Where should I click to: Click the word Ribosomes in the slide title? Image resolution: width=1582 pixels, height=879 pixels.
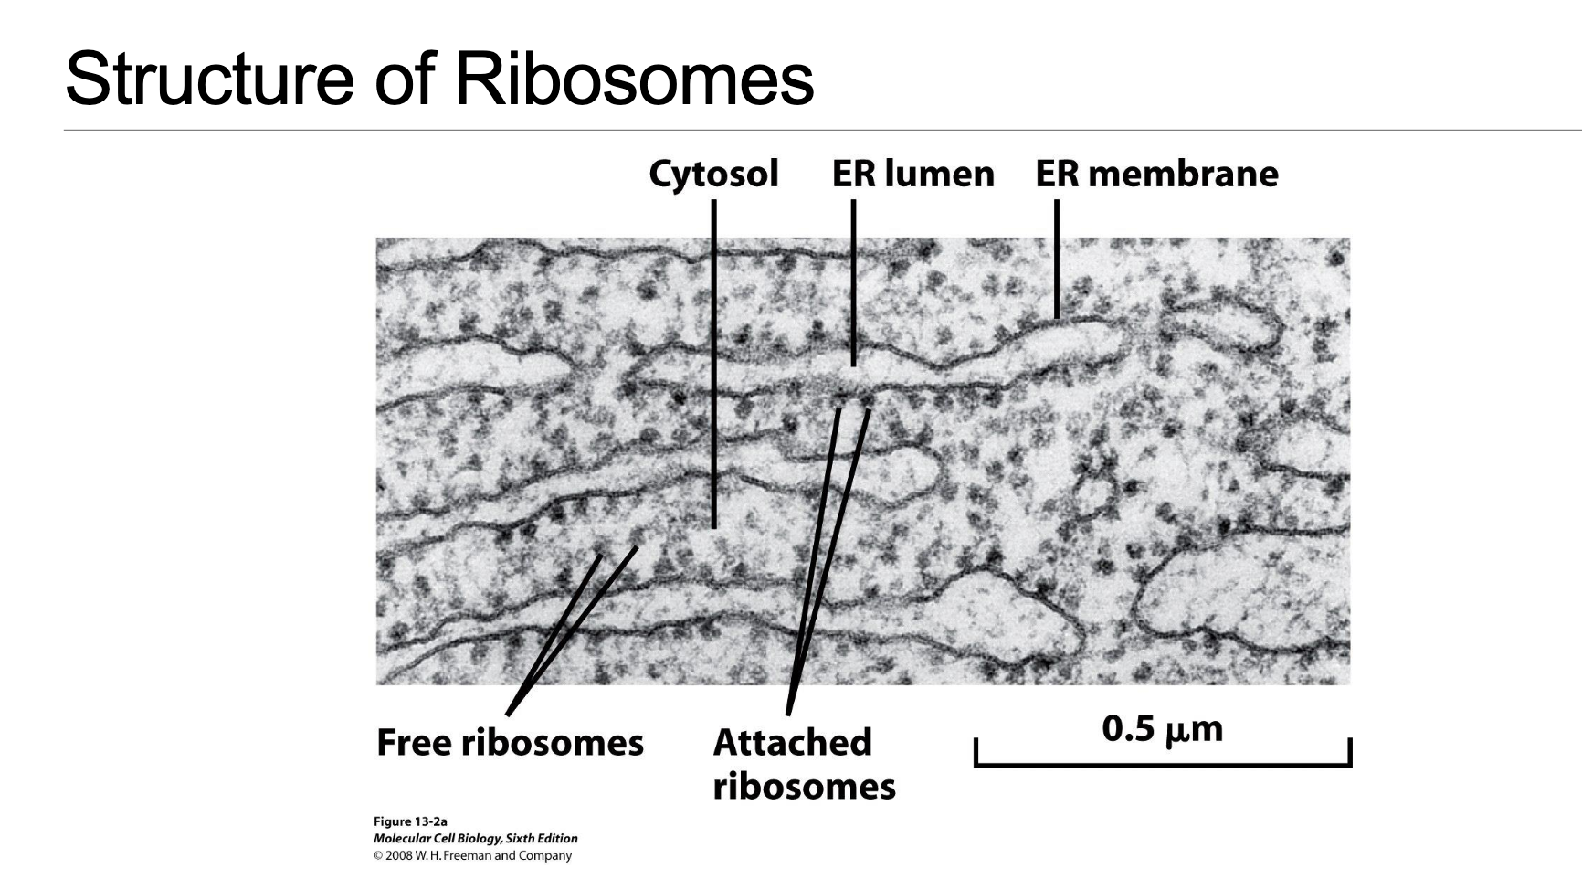(x=633, y=79)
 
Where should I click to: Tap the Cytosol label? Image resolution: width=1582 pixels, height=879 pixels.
(x=713, y=174)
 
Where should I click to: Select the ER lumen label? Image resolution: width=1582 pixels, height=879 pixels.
(x=912, y=174)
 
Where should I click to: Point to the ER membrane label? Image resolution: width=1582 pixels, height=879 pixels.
(x=1156, y=174)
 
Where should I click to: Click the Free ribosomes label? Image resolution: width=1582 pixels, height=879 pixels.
(x=510, y=742)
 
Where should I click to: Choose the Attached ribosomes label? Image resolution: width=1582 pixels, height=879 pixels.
(x=803, y=764)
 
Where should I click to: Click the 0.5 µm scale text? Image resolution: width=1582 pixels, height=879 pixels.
(x=1162, y=729)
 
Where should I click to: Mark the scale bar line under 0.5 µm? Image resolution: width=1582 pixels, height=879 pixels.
(x=1162, y=763)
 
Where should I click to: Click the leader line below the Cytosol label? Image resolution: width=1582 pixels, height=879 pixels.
(x=714, y=365)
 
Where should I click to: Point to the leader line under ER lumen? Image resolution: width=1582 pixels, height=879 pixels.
(x=853, y=283)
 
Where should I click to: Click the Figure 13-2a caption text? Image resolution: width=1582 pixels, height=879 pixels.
(x=410, y=821)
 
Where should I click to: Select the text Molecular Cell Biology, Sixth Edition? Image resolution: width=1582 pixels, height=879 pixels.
(x=475, y=838)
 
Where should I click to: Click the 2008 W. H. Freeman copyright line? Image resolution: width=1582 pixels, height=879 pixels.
(x=472, y=855)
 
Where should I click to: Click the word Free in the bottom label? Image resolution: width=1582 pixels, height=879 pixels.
(x=414, y=742)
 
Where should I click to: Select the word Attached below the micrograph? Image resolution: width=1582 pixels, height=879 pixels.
(x=792, y=742)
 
